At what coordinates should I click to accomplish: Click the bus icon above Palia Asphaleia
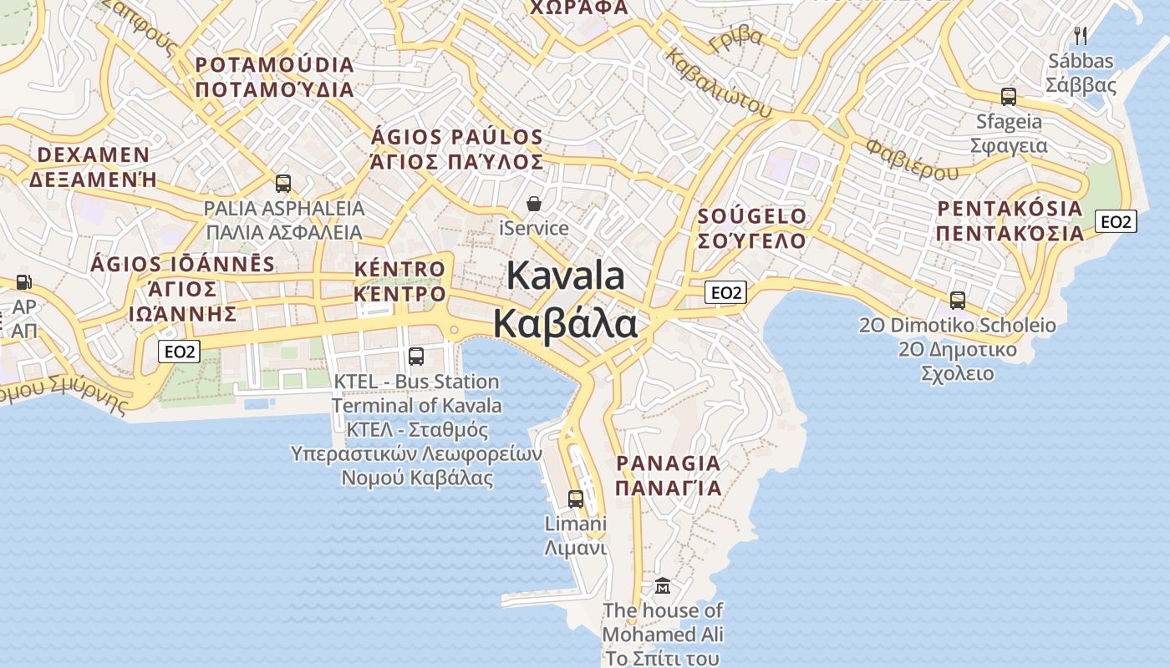pos(283,183)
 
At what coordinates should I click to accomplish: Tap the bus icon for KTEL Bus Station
pos(416,357)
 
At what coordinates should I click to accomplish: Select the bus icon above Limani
pos(576,498)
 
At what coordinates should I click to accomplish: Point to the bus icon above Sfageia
pos(1009,96)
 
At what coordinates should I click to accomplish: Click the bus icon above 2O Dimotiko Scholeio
pos(958,300)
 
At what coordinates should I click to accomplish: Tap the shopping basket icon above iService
pos(533,204)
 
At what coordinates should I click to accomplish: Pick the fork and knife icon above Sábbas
pos(1081,35)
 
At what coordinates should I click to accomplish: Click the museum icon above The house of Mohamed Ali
pos(663,585)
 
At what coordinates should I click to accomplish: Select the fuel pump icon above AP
pos(24,283)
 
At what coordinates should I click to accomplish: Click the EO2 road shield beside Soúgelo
pos(725,292)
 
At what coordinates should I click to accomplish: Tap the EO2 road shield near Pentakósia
pos(1116,221)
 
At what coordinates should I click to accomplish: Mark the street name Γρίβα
pos(735,37)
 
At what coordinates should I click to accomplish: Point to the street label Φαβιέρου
pos(912,159)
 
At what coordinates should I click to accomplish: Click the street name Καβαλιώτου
pos(718,81)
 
